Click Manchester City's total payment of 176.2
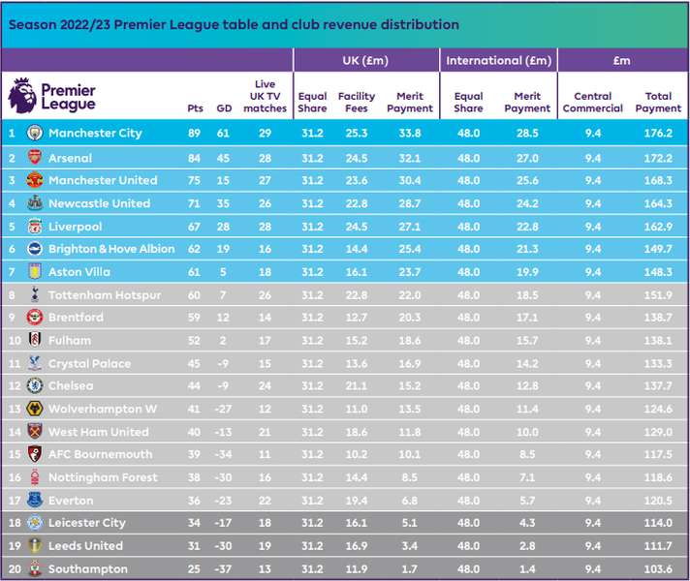(x=658, y=133)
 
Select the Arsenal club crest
(x=35, y=158)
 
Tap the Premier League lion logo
(x=22, y=95)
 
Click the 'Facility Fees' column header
(x=357, y=102)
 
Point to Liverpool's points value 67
(x=194, y=227)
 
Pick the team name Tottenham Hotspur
(x=105, y=294)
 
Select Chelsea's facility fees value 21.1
(x=357, y=385)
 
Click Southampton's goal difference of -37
(x=223, y=568)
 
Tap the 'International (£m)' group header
(x=498, y=60)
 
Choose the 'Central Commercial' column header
(x=593, y=102)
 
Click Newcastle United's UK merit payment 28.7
(x=410, y=203)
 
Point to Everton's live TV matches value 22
(x=265, y=501)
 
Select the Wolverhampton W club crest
(x=35, y=409)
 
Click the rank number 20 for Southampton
(x=15, y=568)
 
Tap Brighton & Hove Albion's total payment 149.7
(x=658, y=249)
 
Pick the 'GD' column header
(x=224, y=108)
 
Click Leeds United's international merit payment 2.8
(x=527, y=546)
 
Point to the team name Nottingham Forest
(x=103, y=477)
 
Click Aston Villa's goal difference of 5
(x=223, y=272)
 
